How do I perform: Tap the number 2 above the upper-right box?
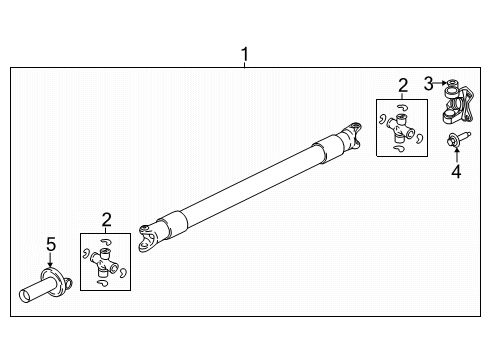click(402, 86)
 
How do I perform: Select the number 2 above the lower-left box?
click(107, 218)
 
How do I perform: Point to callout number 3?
click(427, 82)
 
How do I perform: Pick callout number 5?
click(50, 242)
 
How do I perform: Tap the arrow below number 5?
click(50, 257)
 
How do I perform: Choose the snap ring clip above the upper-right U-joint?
click(402, 106)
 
